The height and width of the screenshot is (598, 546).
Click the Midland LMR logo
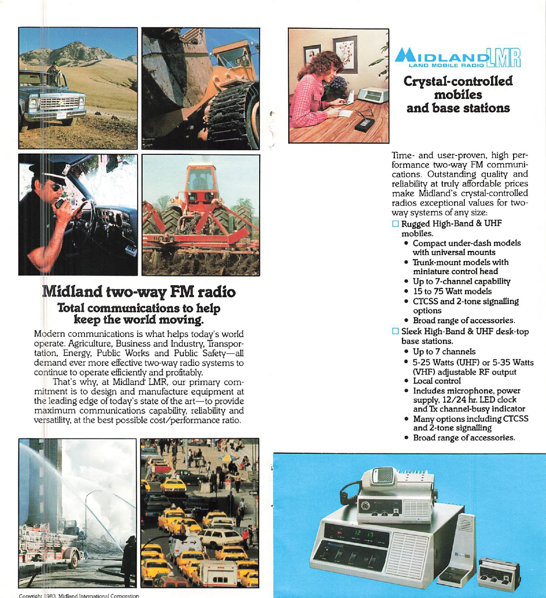458,58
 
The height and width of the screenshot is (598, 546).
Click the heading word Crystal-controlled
458,81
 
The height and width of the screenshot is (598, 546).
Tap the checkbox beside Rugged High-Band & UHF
396,224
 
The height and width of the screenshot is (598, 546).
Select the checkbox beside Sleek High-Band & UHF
396,331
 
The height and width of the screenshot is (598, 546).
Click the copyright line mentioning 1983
79,595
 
